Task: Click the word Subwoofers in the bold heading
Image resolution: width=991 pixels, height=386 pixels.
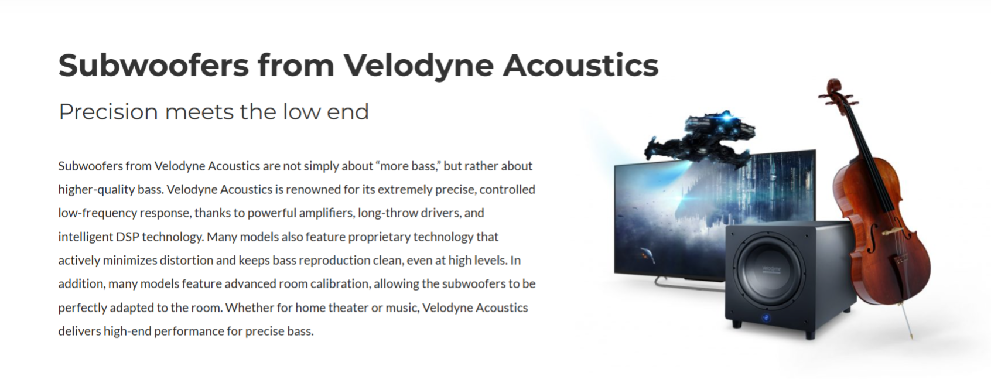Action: coord(153,65)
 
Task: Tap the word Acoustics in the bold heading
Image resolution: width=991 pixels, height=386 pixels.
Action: coord(580,65)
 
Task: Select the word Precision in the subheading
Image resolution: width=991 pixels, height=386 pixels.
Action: coord(108,111)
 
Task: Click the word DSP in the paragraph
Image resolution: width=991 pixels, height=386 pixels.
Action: coord(128,237)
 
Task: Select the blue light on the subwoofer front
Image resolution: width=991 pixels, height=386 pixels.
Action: coord(766,317)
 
